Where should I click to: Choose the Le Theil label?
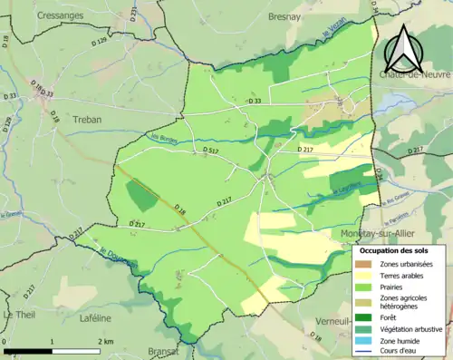19,314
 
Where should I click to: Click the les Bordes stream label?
162,140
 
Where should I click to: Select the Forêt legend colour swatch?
362,317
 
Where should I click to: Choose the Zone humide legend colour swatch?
362,341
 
